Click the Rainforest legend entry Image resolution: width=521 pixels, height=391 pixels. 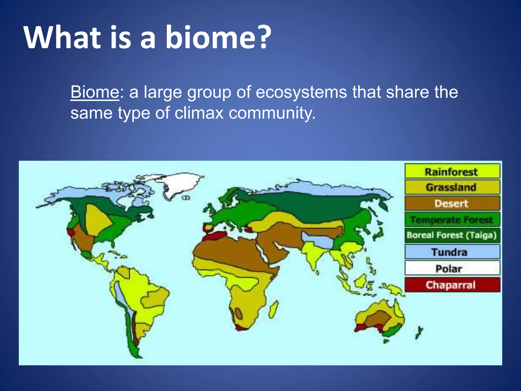coord(452,172)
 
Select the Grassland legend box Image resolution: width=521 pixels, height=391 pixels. coord(452,187)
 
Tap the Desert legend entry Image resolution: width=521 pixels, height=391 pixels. coord(452,203)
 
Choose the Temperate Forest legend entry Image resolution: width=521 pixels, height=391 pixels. coord(452,219)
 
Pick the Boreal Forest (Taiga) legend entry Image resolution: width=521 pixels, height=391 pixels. coord(452,235)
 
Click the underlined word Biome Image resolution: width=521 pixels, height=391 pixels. coord(95,92)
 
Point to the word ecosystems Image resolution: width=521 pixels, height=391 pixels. coord(301,92)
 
